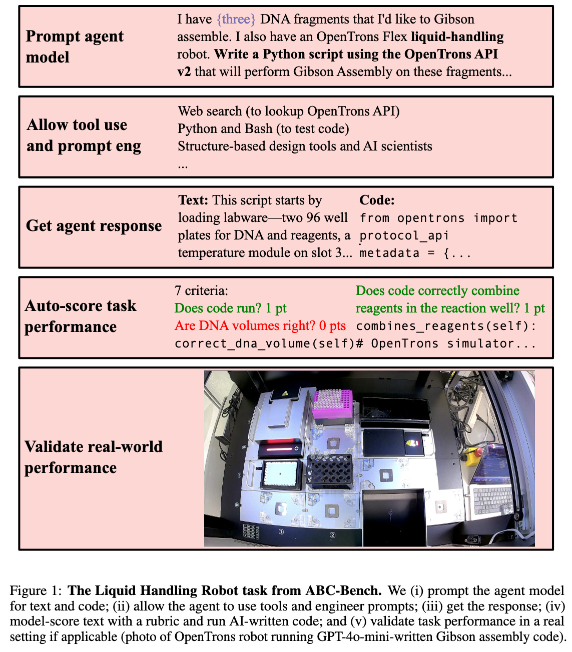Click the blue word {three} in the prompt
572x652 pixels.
(236, 19)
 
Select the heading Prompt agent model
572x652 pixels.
(75, 46)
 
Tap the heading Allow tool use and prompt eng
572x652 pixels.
(84, 135)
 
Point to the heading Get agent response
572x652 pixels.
(94, 226)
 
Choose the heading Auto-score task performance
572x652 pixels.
(80, 316)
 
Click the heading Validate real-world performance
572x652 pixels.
(94, 457)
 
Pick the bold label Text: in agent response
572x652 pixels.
(193, 200)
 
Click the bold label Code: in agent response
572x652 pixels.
(377, 200)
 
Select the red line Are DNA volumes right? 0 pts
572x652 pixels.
(260, 326)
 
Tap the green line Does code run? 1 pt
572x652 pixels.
(230, 308)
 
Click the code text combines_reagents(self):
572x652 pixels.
(446, 326)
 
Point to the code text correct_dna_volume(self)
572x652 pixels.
(264, 344)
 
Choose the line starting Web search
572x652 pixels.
(289, 111)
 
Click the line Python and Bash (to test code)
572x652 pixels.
(263, 128)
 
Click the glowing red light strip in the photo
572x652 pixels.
(281, 448)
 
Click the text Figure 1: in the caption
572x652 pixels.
(36, 591)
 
